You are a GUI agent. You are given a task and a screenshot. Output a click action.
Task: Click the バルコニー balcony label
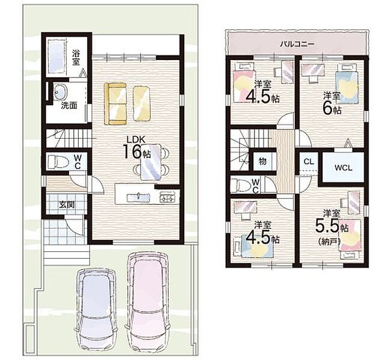[x=297, y=44]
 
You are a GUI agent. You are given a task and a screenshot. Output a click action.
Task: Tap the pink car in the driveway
[x=148, y=302]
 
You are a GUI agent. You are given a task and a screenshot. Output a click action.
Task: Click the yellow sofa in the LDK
[x=115, y=103]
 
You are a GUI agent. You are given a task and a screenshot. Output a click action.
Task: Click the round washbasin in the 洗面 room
[x=60, y=92]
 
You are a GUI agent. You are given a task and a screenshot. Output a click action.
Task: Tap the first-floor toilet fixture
[x=58, y=161]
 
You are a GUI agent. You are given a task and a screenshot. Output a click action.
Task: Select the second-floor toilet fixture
[x=241, y=185]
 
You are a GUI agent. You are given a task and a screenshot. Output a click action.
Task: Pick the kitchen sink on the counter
[x=138, y=197]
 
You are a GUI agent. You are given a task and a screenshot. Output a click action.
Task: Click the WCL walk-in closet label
[x=343, y=168]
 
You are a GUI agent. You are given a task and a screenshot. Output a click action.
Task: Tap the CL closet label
[x=309, y=161]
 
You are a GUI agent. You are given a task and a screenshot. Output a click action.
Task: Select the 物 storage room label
[x=262, y=161]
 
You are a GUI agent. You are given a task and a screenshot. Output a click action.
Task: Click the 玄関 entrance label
[x=67, y=205]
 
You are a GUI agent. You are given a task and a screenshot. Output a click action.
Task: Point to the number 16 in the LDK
[x=132, y=152]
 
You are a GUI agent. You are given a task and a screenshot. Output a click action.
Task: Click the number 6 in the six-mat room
[x=327, y=109]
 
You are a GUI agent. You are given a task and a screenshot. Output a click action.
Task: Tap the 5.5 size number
[x=327, y=225]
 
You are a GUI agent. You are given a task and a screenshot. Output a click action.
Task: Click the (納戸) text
[x=330, y=241]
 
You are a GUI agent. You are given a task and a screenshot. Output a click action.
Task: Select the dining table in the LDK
[x=151, y=161]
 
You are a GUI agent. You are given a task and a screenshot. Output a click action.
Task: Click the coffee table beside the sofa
[x=142, y=103]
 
